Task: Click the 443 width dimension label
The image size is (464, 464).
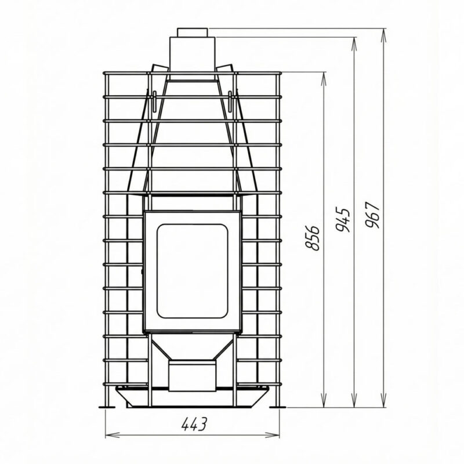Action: click(x=194, y=425)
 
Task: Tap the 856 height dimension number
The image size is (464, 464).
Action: click(x=312, y=238)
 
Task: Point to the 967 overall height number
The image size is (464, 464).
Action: click(x=372, y=215)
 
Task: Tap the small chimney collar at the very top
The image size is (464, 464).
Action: click(x=193, y=32)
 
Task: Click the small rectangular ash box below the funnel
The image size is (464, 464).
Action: click(x=192, y=376)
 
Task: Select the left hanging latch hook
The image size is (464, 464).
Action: click(x=154, y=101)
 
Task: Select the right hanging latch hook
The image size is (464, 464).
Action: click(x=230, y=101)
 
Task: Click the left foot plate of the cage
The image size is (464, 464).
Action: click(x=107, y=407)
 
